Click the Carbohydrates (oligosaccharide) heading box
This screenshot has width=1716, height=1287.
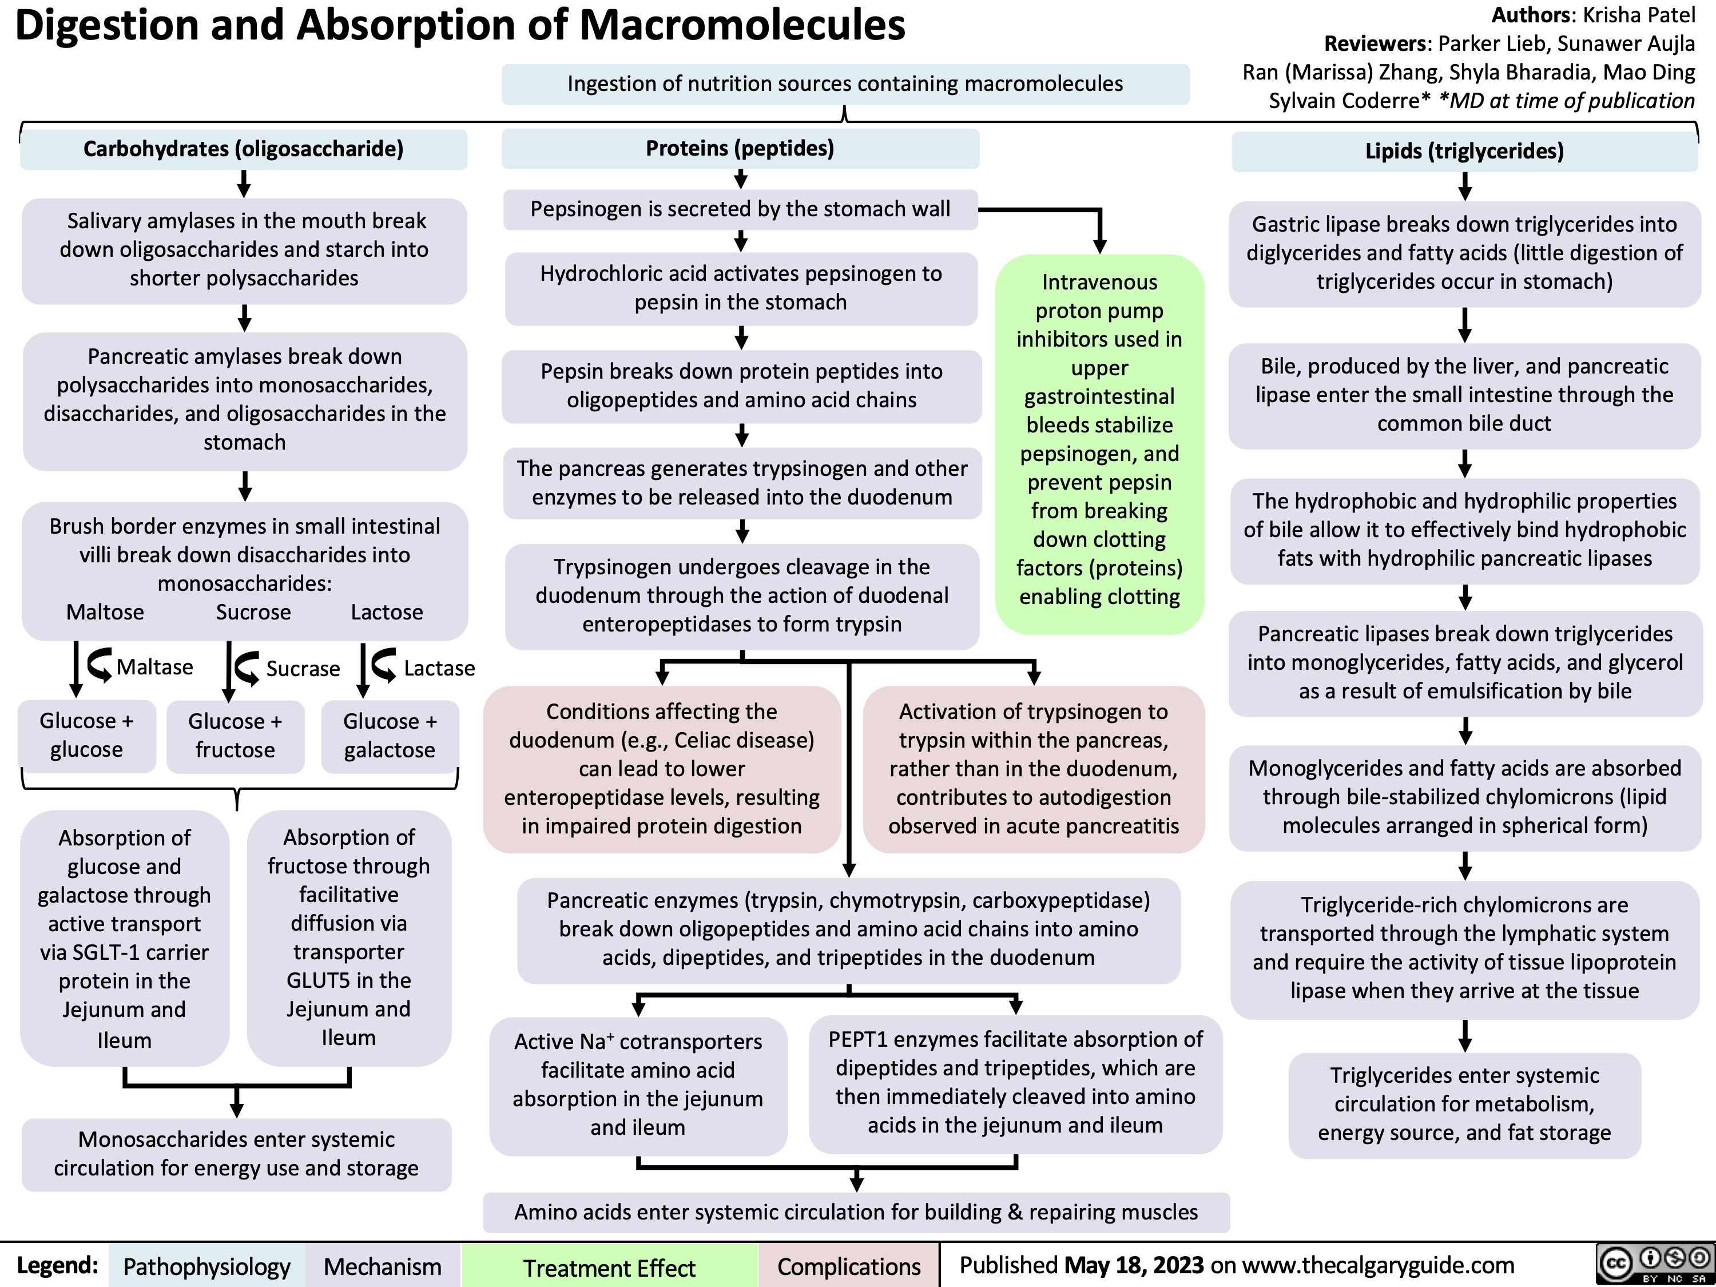point(244,149)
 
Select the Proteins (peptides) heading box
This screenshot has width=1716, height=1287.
point(740,148)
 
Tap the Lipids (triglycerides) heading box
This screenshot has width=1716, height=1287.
point(1464,150)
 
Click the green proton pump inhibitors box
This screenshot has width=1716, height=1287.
point(1099,440)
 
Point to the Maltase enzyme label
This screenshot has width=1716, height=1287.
point(154,667)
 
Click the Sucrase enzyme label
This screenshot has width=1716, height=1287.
point(303,669)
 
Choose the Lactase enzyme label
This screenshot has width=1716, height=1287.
point(439,668)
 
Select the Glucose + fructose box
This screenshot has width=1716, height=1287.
point(235,736)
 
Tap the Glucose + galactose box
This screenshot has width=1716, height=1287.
point(390,736)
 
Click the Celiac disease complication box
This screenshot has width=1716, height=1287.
point(662,769)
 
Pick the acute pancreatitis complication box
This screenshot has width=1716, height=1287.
point(1034,769)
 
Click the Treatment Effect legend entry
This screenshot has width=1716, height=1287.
point(609,1268)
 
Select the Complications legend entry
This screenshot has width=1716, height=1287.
point(849,1267)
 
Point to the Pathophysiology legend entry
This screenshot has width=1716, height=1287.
point(206,1267)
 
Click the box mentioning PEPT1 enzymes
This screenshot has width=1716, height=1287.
point(1015,1082)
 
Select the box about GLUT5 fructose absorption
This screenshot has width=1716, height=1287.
point(349,937)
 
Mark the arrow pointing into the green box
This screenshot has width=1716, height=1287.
point(1099,233)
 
